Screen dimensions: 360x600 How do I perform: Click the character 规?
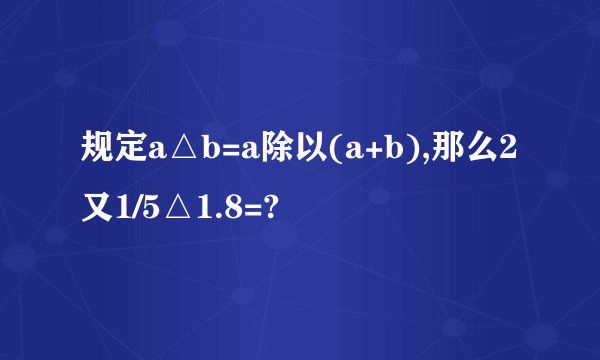99,151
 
